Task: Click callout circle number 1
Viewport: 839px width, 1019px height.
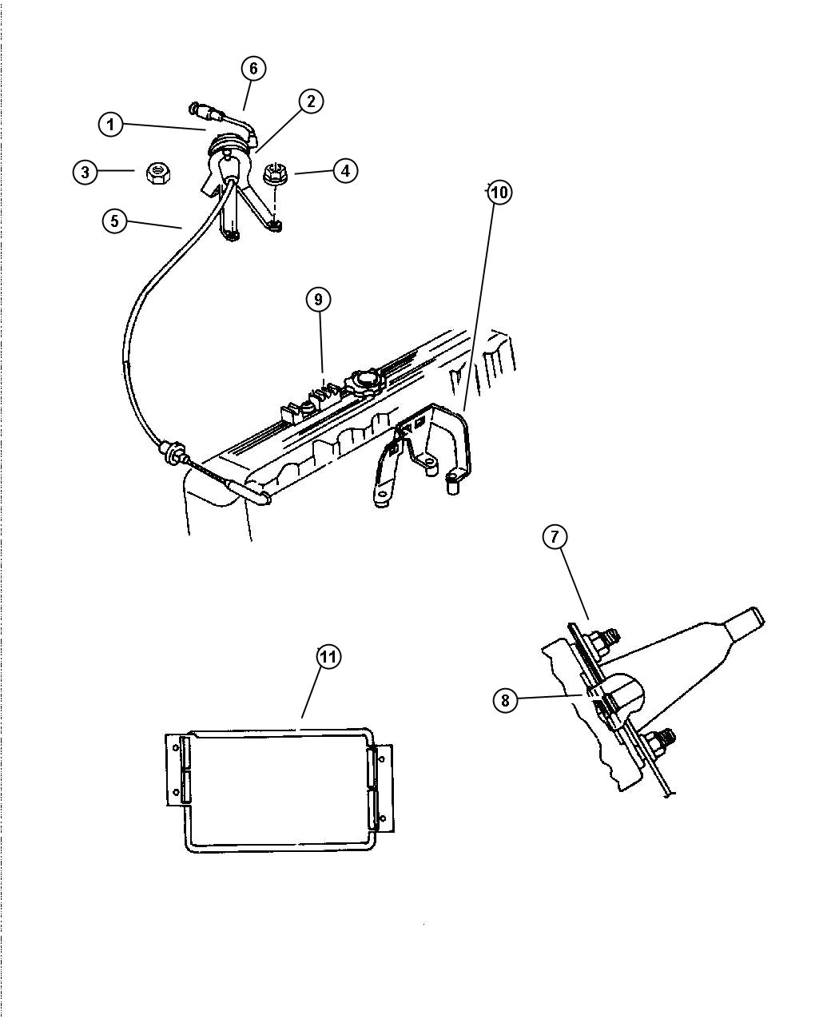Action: tap(111, 124)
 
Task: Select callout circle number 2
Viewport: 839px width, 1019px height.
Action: tap(311, 101)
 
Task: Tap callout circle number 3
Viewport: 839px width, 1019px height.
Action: tap(85, 171)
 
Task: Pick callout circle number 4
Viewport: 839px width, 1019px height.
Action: tap(345, 170)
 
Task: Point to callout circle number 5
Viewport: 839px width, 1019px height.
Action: tap(115, 221)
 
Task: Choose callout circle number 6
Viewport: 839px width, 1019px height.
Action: tap(253, 69)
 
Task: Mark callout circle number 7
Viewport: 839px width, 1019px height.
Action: tap(555, 537)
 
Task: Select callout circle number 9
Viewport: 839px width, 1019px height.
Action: tap(318, 299)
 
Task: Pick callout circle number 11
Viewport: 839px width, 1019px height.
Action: tap(328, 656)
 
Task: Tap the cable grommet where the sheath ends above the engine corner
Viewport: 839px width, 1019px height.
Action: tap(169, 452)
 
